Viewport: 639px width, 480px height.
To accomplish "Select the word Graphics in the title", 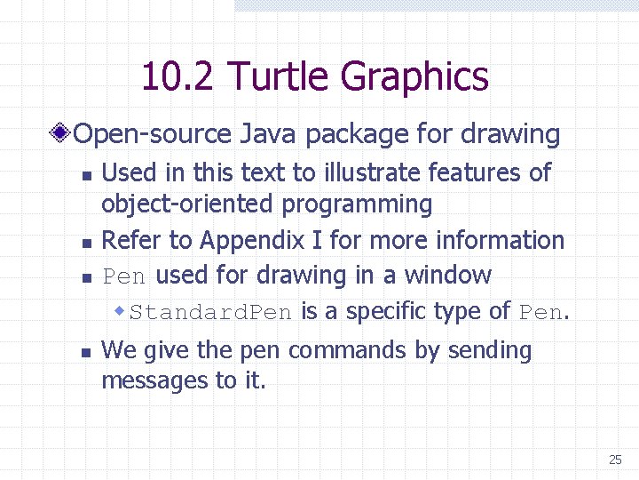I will coord(414,77).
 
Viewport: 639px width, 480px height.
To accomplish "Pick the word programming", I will coord(357,205).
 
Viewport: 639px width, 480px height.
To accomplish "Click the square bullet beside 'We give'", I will coord(84,353).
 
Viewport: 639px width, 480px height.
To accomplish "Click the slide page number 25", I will coord(615,460).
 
